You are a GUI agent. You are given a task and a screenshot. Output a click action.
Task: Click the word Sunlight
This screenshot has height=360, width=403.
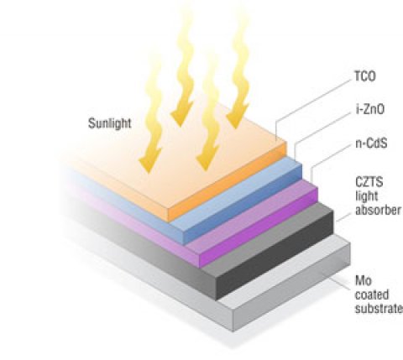click(x=110, y=123)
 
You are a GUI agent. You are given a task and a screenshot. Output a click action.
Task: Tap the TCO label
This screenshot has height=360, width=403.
click(x=365, y=76)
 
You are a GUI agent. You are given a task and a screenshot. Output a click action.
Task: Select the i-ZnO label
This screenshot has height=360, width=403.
click(x=370, y=109)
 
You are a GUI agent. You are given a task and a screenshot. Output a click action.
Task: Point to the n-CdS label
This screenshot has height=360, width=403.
click(x=371, y=143)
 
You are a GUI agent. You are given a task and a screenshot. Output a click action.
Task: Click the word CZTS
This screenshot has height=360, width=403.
click(x=369, y=182)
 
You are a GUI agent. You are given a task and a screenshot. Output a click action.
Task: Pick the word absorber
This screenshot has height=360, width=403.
click(x=378, y=210)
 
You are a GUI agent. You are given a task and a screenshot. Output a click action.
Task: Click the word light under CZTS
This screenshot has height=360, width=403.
click(x=367, y=196)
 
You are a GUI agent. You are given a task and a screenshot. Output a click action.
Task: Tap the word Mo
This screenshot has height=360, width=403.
click(x=364, y=280)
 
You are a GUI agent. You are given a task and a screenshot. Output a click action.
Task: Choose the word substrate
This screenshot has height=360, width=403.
click(x=379, y=308)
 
